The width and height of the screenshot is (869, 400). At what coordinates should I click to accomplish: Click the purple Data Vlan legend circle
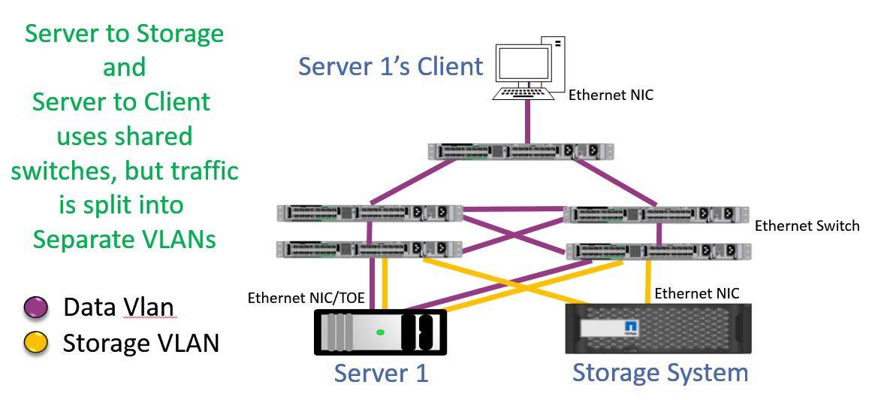click(x=36, y=308)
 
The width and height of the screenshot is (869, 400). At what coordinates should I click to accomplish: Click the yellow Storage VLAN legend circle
click(x=36, y=343)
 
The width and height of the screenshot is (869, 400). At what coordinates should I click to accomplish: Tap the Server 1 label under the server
click(x=381, y=372)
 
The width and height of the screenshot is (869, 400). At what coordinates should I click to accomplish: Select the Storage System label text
click(x=660, y=372)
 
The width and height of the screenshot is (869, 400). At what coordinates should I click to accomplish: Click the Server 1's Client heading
click(x=390, y=66)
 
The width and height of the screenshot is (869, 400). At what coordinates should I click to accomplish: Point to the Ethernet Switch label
click(x=807, y=226)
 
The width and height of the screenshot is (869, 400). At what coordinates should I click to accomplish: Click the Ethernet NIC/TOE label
click(x=306, y=298)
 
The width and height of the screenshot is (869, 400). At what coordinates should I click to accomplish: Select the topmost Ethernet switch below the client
click(x=521, y=151)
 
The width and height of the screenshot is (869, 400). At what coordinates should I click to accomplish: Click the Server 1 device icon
click(x=380, y=332)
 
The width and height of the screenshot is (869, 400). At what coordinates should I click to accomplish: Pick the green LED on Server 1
click(x=381, y=332)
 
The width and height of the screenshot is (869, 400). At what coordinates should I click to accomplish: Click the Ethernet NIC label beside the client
click(x=610, y=95)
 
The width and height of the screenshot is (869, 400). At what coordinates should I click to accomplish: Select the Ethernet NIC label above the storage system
click(x=696, y=293)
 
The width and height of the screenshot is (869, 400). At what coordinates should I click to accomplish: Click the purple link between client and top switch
click(x=528, y=120)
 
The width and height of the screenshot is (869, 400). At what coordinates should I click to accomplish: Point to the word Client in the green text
click(x=175, y=102)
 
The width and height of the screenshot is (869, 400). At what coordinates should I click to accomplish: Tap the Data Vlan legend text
click(x=118, y=308)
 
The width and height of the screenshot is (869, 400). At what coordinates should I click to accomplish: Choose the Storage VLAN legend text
click(x=140, y=343)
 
